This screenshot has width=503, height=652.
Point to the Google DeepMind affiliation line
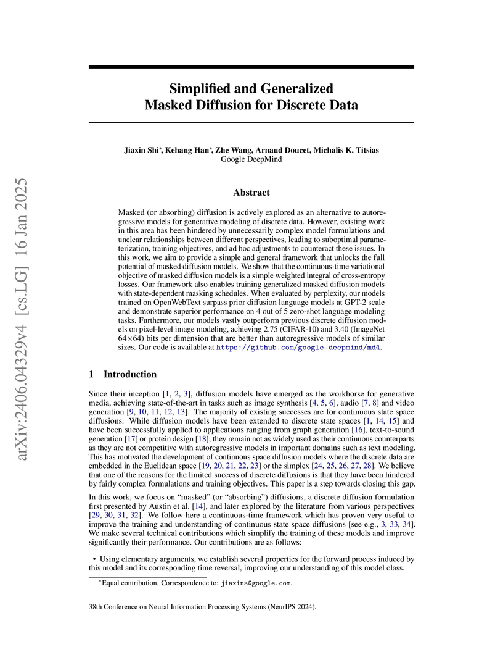tap(251, 159)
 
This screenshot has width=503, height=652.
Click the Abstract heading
tap(251, 193)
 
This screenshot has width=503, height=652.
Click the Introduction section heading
tap(130, 374)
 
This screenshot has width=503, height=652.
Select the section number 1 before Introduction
tap(91, 374)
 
